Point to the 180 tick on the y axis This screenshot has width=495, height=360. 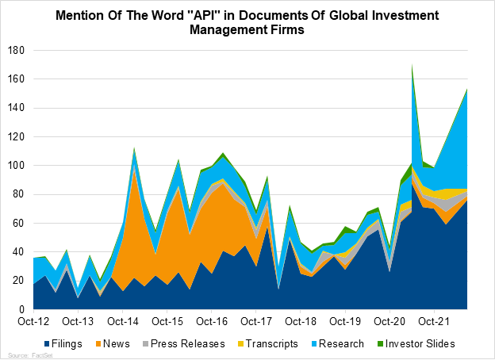16,51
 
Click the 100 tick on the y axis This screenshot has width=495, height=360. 16,166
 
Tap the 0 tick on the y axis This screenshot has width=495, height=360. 22,309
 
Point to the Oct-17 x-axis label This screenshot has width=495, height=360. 255,321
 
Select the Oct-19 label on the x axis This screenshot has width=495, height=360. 344,321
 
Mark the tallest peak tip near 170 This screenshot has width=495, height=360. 412,66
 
